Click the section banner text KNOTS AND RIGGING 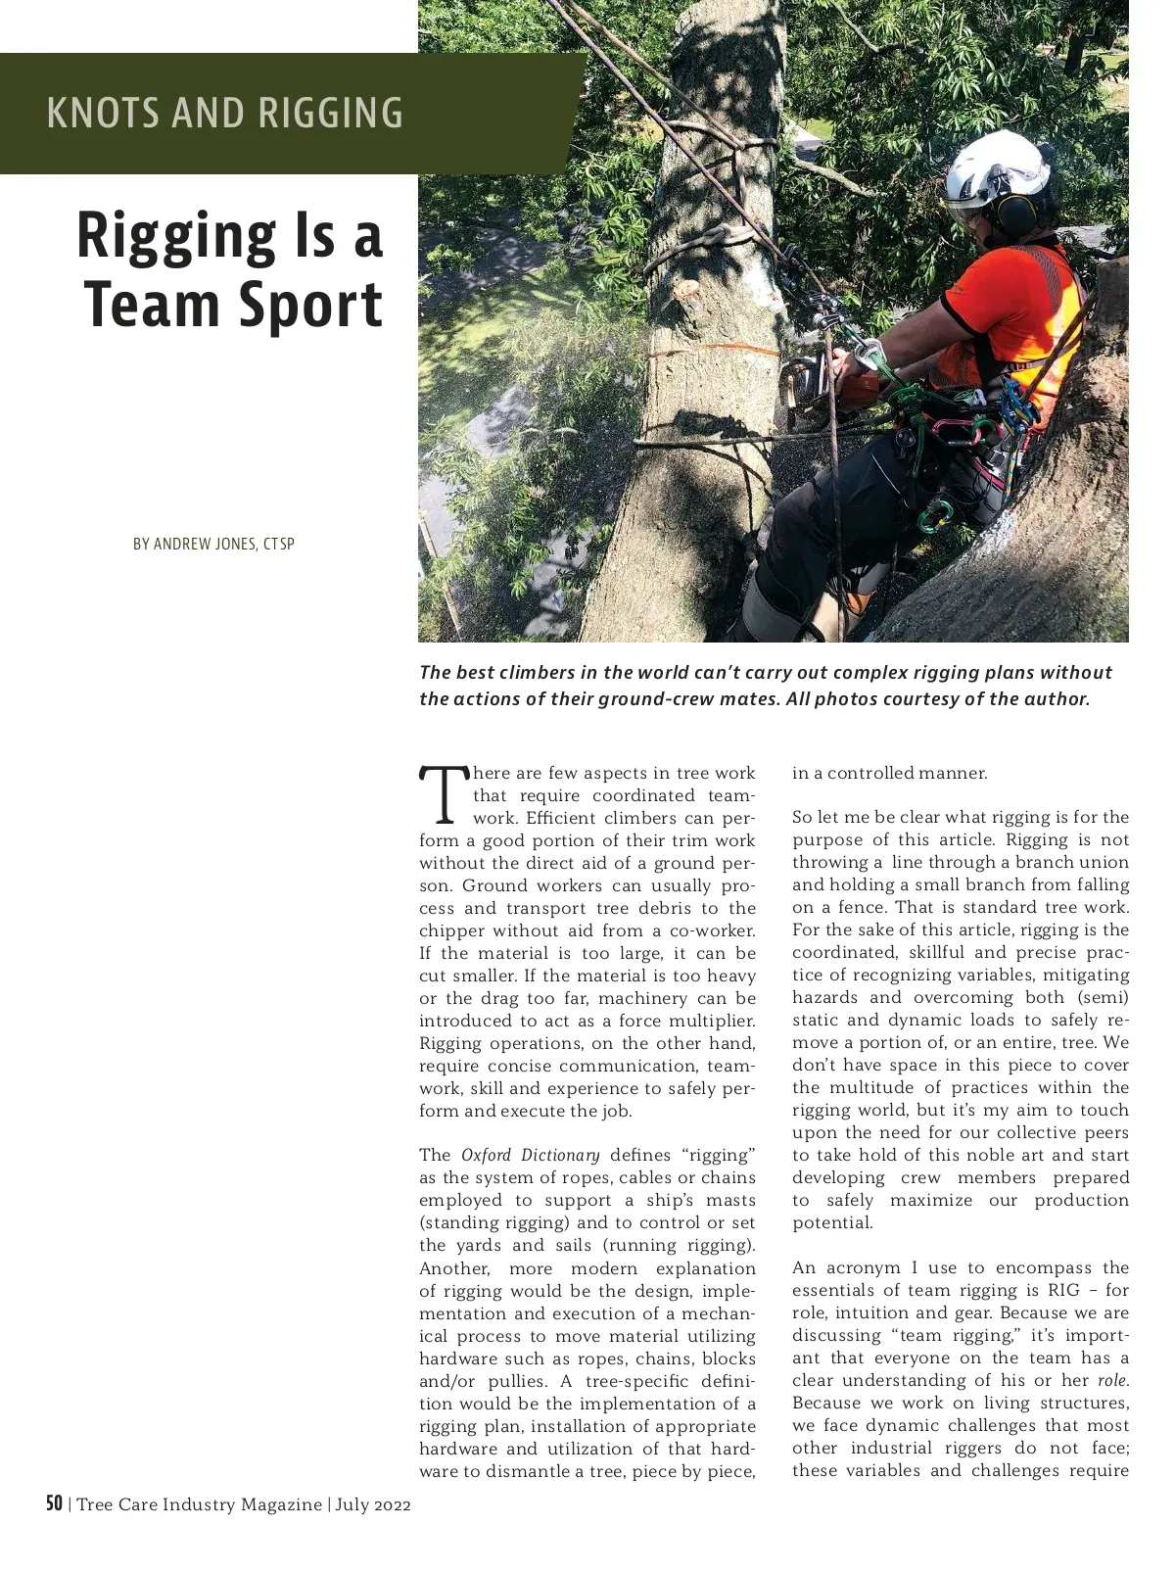(x=224, y=113)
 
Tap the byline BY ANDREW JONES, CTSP (x=213, y=544)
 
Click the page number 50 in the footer (x=55, y=1503)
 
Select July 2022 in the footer (x=373, y=1504)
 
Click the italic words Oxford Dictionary (x=530, y=1156)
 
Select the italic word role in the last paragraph (x=1111, y=1381)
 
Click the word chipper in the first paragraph (x=452, y=930)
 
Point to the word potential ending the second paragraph (x=831, y=1223)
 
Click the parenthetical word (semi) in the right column (x=1103, y=998)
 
